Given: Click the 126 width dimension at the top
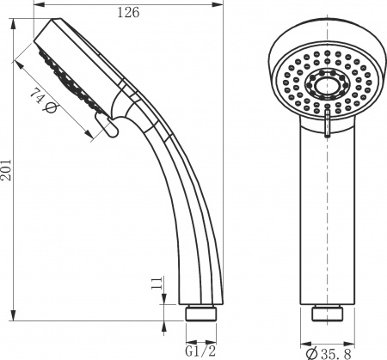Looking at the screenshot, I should point(129,11).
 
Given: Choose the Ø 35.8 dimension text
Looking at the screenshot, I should point(329,351).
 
